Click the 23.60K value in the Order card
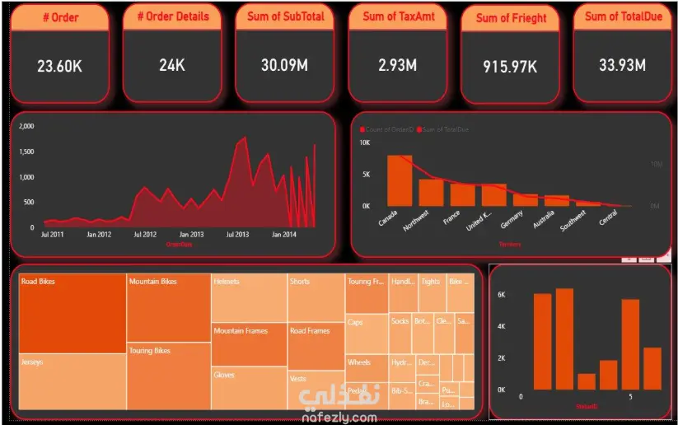[58, 65]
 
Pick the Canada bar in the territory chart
[400, 180]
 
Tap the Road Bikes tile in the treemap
[72, 314]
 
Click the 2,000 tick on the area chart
[26, 126]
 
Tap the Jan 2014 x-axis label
[284, 235]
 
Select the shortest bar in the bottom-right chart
[587, 381]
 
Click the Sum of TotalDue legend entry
[445, 129]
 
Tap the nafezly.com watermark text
[338, 418]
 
